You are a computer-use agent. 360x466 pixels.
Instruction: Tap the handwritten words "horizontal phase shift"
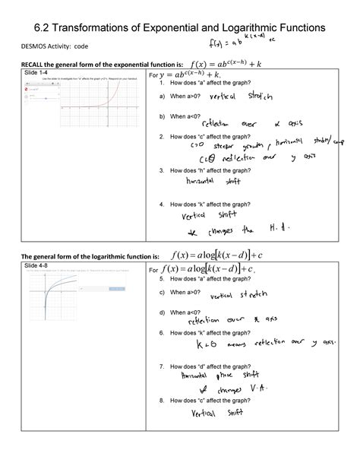[x=219, y=376]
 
